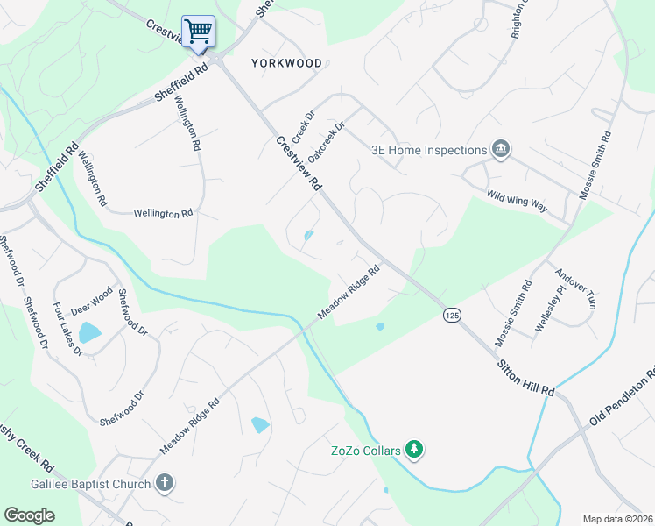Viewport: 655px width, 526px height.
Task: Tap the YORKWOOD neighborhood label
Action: pyautogui.click(x=286, y=63)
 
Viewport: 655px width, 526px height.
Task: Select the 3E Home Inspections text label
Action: pyautogui.click(x=429, y=150)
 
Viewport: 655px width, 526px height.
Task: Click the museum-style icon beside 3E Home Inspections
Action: pyautogui.click(x=501, y=149)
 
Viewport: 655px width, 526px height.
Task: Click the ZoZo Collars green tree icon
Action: pyautogui.click(x=415, y=451)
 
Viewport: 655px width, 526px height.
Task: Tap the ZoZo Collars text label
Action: pyautogui.click(x=365, y=451)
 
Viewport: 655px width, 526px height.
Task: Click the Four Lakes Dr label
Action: pyautogui.click(x=67, y=328)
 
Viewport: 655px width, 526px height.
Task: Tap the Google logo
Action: pyautogui.click(x=29, y=515)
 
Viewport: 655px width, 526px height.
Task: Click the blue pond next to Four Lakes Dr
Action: pyautogui.click(x=89, y=332)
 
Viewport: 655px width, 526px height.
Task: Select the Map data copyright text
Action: pyautogui.click(x=618, y=519)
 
